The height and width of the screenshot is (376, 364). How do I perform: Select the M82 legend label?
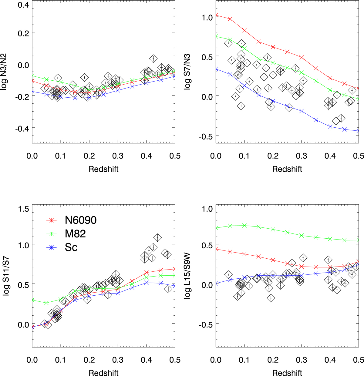[75, 234]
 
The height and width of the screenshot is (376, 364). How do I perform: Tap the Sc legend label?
[71, 247]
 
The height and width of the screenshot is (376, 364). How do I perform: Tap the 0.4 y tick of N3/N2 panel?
[22, 5]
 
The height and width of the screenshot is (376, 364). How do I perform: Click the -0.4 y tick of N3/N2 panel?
[21, 128]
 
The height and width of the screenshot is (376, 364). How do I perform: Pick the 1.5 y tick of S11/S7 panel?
[23, 209]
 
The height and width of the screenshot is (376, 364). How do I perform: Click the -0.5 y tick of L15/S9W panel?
[205, 324]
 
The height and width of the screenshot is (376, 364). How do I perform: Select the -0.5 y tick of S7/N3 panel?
[205, 136]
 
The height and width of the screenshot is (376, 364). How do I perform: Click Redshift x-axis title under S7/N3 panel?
[287, 169]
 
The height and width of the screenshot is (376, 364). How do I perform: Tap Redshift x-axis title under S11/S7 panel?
[103, 373]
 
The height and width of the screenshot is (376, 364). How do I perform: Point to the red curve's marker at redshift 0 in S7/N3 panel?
[216, 15]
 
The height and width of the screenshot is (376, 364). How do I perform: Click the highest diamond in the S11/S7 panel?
[157, 237]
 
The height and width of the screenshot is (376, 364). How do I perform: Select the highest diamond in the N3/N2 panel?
[153, 59]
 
